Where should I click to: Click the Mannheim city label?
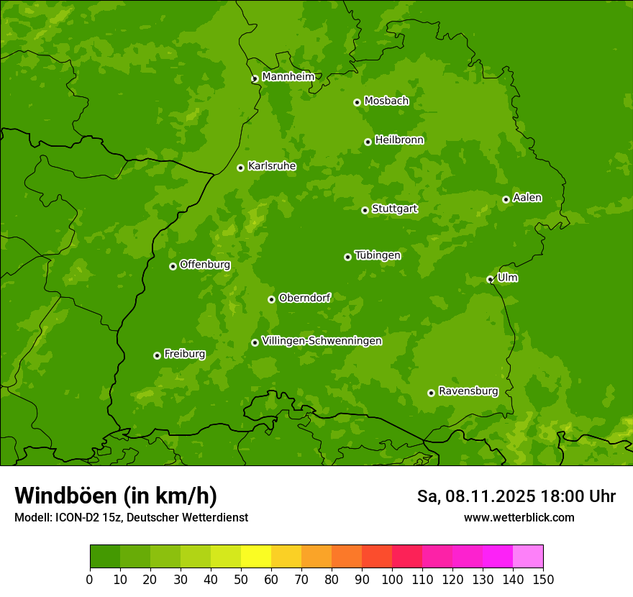tap(288, 77)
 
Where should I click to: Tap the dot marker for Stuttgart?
tap(365, 210)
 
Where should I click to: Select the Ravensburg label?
tap(468, 391)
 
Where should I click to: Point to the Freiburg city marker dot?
tap(157, 355)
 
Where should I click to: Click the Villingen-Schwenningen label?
tap(322, 341)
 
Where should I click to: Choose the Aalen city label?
tap(527, 198)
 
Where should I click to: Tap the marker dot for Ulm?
tap(490, 279)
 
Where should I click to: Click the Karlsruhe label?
tap(272, 166)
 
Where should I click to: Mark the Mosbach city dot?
tap(357, 102)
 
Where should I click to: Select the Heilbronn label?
tap(399, 140)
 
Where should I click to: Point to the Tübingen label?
tap(378, 255)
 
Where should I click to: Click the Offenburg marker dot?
tap(173, 266)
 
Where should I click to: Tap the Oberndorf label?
tap(304, 298)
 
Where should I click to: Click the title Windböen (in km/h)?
tap(116, 496)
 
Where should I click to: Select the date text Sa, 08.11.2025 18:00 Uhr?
tap(516, 496)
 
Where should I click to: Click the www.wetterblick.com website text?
tap(519, 518)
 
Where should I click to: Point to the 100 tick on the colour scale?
tap(392, 579)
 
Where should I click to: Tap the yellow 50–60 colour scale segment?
tap(256, 557)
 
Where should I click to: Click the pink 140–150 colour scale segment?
tap(528, 557)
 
